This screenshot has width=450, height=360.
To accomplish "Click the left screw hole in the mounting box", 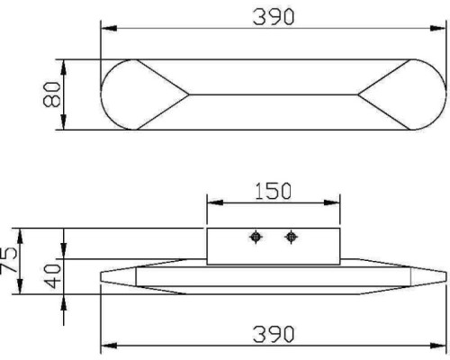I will [256, 237].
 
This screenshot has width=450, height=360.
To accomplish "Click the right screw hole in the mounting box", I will [290, 237].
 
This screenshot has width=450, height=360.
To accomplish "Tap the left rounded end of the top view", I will [117, 94].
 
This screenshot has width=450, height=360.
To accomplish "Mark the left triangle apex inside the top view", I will [187, 94].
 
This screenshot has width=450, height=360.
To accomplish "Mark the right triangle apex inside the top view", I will [360, 94].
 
